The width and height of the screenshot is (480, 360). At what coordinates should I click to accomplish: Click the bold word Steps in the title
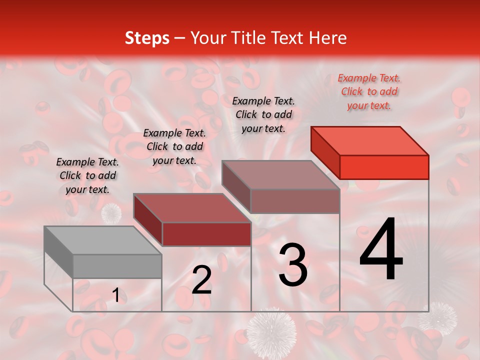tap(147, 38)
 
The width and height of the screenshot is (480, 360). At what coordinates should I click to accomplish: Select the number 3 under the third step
tap(292, 265)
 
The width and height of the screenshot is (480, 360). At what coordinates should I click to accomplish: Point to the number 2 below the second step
tap(201, 280)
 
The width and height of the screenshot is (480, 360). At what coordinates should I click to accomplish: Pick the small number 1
tap(115, 295)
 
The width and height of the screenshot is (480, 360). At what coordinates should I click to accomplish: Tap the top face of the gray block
tap(103, 240)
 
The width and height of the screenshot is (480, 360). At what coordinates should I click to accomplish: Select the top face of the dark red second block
tap(192, 208)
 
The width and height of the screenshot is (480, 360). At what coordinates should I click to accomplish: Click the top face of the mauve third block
tap(281, 175)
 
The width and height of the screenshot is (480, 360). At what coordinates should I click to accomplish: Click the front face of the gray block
tap(117, 266)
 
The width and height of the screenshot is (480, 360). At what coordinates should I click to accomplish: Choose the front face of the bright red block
tap(384, 167)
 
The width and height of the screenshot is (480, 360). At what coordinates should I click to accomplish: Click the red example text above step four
tap(369, 92)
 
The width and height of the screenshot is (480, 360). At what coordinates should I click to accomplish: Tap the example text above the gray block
tap(87, 176)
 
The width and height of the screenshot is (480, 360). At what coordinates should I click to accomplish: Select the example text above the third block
tap(263, 114)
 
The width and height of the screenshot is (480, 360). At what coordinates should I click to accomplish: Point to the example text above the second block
tap(174, 147)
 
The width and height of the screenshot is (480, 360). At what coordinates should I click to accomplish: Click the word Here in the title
tap(328, 38)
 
